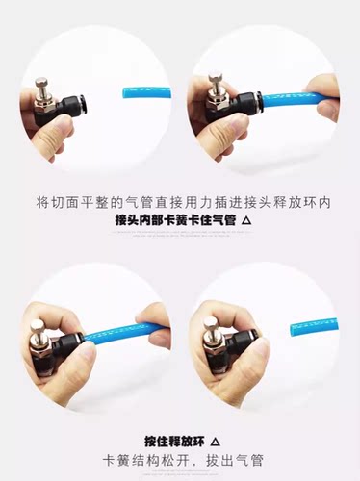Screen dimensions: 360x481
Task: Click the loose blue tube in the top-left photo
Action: point(146,92)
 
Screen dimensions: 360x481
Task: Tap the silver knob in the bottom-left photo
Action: point(37,331)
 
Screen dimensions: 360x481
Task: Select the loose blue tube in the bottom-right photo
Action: point(314,326)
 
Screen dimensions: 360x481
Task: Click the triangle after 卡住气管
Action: point(246,220)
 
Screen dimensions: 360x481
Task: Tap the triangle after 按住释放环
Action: point(216,443)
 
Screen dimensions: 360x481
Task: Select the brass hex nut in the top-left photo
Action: point(43,105)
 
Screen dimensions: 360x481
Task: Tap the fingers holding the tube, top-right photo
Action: point(322,97)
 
